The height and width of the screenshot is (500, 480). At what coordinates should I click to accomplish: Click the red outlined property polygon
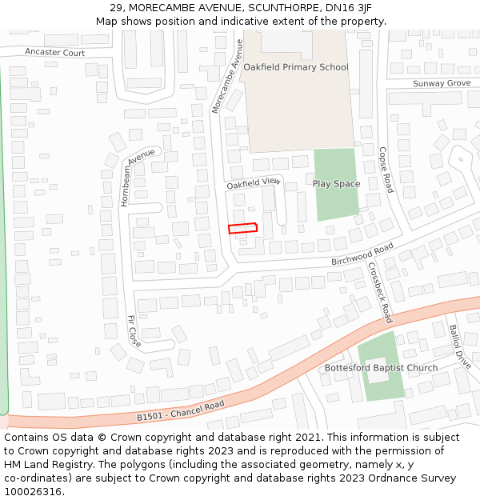click(243, 228)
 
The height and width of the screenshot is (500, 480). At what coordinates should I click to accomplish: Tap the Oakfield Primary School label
click(296, 67)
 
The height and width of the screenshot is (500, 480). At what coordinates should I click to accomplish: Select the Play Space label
click(336, 184)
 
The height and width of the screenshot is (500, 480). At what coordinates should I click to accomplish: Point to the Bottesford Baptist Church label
click(381, 368)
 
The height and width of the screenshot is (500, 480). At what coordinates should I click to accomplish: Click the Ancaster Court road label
click(54, 53)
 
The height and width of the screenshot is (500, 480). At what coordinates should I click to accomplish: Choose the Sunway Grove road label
click(442, 83)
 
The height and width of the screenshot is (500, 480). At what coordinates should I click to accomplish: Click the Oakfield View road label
click(254, 183)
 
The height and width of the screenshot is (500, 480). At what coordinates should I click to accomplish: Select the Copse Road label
click(386, 169)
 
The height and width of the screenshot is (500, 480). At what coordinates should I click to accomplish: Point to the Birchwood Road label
click(363, 255)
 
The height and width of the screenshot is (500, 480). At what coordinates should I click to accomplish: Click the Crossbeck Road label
click(380, 293)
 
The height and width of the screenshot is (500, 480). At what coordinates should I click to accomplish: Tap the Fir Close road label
click(134, 330)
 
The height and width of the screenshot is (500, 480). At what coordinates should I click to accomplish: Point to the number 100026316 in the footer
click(33, 492)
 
